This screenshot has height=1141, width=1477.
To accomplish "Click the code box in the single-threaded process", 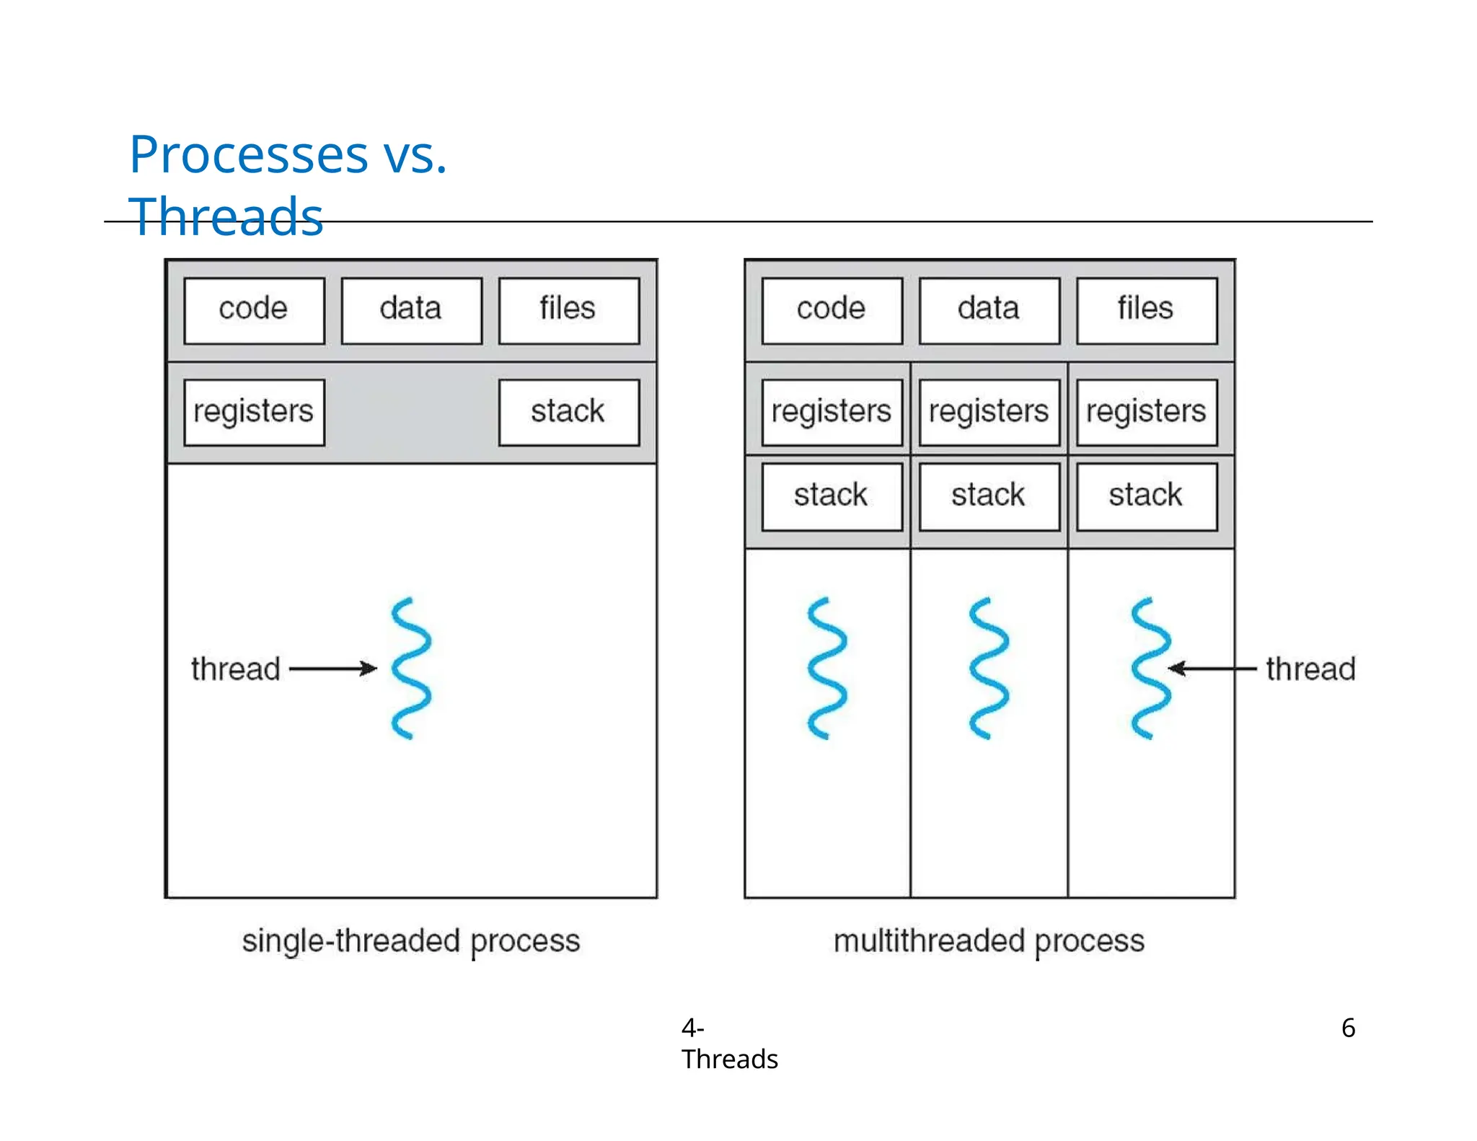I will pos(254,311).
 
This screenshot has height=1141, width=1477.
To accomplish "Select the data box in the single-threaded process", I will pos(411,311).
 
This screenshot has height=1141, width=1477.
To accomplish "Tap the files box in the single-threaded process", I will pos(568,311).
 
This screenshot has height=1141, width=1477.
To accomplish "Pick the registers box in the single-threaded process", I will pos(254,413).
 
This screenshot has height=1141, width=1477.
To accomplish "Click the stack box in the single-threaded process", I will pos(568,413).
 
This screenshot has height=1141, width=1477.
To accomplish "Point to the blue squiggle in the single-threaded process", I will pos(411,668).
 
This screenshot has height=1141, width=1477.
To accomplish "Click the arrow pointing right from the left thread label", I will pos(332,669).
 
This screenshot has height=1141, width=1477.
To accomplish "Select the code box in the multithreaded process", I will pos(832,311).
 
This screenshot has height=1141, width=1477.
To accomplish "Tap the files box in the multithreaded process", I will pos(1146,311).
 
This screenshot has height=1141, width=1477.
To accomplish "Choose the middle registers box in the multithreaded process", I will pos(989,413).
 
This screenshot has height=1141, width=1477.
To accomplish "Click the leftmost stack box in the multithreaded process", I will pos(832,496).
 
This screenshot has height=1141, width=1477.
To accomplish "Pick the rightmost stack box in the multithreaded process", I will pos(1146,496).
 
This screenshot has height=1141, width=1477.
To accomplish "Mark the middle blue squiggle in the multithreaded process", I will pos(989,668).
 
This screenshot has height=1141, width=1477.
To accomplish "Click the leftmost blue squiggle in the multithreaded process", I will pos(827,668).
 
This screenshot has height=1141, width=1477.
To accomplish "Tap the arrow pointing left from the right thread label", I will pos(1212,669).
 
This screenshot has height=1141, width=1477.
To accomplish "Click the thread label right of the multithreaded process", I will pos(1310,669).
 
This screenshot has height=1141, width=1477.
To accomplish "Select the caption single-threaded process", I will pos(411,941).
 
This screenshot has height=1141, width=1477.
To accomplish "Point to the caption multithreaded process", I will pos(989,941).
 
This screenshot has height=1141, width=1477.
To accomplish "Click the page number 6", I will pos(1348,1028).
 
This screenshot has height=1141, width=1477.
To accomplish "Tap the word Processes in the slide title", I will pos(249,154).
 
